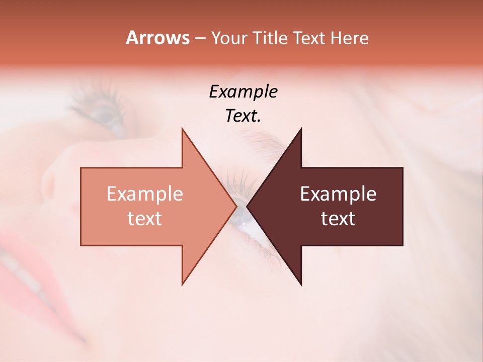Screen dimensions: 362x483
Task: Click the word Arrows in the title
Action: tap(157, 38)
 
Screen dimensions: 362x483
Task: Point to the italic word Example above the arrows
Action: tap(243, 92)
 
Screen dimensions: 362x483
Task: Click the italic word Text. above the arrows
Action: tap(243, 116)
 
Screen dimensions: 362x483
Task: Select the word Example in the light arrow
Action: tap(144, 194)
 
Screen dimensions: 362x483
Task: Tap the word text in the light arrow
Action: tap(144, 218)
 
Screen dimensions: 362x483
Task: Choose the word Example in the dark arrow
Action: tap(338, 194)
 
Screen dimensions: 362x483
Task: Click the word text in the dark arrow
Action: tap(338, 218)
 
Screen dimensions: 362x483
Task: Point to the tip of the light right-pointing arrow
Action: tap(236, 206)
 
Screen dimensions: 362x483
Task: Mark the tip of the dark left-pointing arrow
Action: tap(247, 206)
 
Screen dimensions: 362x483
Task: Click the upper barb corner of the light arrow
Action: tap(182, 129)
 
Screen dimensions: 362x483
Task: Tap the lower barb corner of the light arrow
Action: tap(182, 285)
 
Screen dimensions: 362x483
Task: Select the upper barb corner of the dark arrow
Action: tap(301, 129)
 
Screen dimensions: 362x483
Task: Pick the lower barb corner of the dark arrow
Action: tap(301, 285)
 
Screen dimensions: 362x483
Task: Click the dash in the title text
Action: tap(200, 39)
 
